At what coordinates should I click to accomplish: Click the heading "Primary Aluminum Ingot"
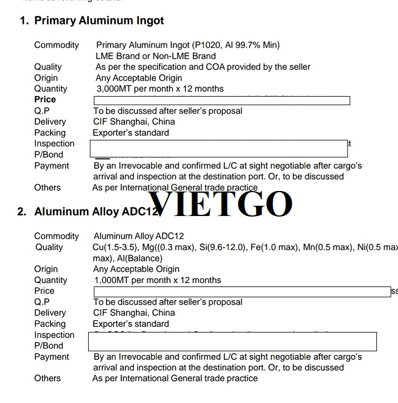[x=99, y=21]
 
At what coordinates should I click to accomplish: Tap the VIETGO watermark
[x=221, y=205]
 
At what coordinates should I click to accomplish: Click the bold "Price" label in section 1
[x=45, y=99]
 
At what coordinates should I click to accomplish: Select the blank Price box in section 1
[x=222, y=101]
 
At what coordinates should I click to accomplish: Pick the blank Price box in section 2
[x=242, y=292]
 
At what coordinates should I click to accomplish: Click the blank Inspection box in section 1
[x=219, y=149]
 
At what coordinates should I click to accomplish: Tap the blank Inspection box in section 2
[x=233, y=341]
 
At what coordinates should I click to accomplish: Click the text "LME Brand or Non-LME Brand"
[x=156, y=56]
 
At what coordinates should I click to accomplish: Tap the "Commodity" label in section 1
[x=57, y=45]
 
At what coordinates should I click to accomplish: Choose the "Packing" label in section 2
[x=50, y=324]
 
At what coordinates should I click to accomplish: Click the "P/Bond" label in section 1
[x=49, y=155]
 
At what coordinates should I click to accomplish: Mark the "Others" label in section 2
[x=47, y=378]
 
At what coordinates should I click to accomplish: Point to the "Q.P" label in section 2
[x=42, y=302]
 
